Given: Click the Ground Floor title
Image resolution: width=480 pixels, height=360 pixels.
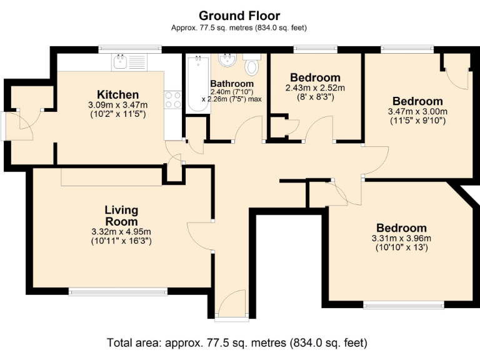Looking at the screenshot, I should click(239, 16).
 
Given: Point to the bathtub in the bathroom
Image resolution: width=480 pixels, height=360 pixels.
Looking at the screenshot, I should click(197, 84).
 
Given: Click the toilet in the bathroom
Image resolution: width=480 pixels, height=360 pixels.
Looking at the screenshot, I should click(252, 66).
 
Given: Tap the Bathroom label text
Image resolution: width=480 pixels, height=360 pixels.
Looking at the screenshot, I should click(232, 84).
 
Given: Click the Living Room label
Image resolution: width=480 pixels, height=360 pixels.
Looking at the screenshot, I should click(121, 216).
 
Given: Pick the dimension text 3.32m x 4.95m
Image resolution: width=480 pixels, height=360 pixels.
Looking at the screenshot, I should click(121, 231).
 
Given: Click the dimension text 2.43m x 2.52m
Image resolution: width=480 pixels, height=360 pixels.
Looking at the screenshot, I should click(315, 88).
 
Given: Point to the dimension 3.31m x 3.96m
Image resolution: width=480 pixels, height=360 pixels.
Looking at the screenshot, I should click(401, 238).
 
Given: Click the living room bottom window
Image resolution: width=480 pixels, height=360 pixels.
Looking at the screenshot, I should click(118, 291).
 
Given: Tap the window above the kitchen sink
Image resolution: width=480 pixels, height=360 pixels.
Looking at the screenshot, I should click(130, 48).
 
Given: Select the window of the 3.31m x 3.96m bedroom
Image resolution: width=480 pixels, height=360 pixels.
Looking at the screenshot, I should click(404, 305).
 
